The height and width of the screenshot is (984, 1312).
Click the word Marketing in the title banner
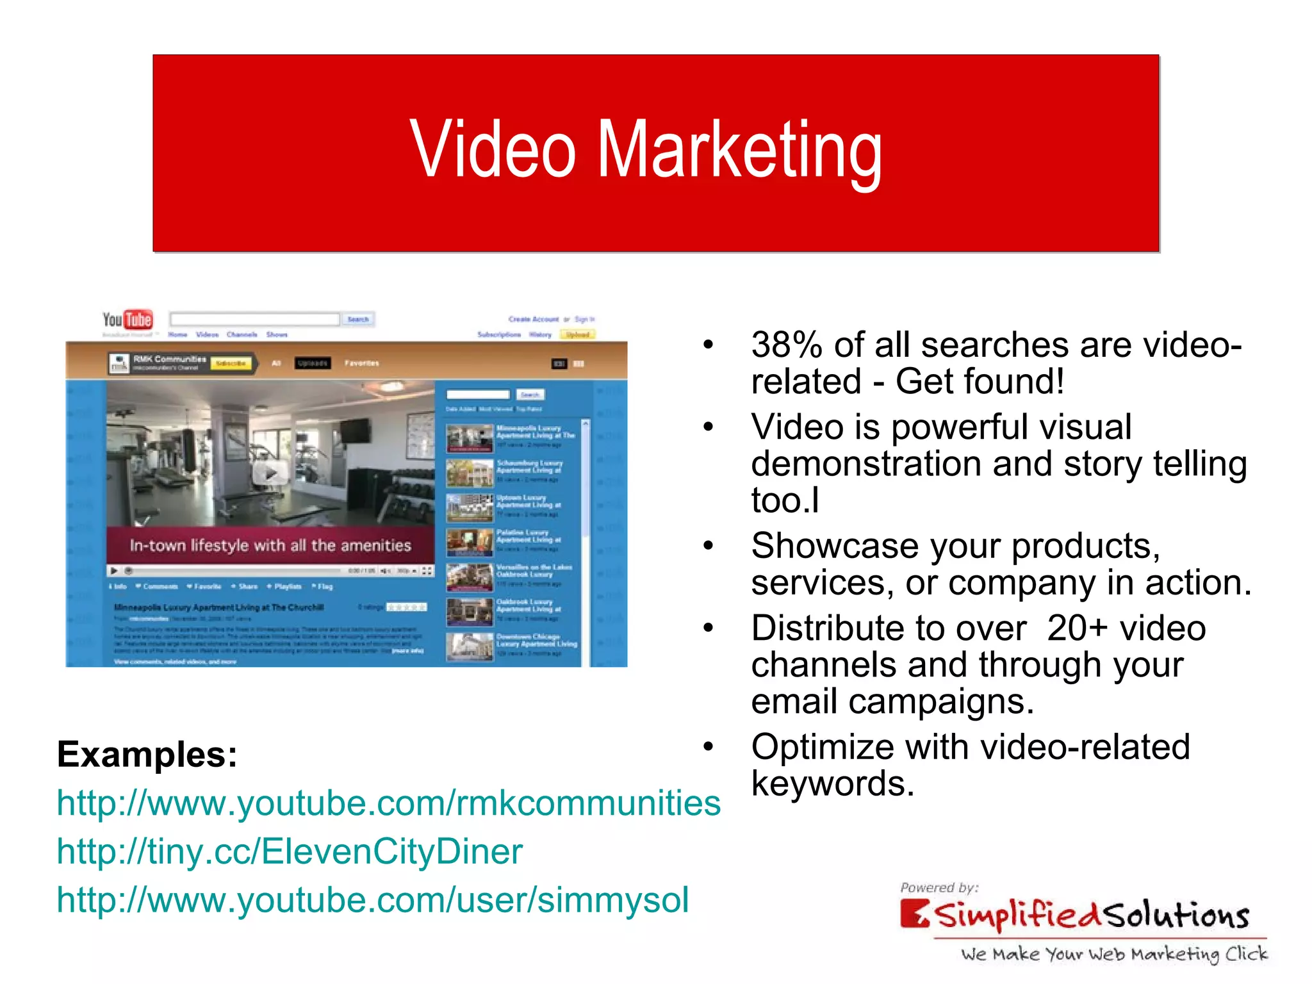click(x=739, y=151)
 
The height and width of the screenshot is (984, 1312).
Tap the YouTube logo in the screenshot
click(x=127, y=319)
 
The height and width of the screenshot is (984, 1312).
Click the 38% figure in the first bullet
click(x=787, y=345)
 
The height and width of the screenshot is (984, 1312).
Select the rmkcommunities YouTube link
click(x=388, y=803)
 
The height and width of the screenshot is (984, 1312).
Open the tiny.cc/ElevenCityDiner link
click(x=290, y=851)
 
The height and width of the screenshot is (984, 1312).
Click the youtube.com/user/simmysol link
click(x=372, y=899)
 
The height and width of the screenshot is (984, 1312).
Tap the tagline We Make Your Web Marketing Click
click(x=1114, y=954)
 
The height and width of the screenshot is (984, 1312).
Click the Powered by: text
click(x=939, y=887)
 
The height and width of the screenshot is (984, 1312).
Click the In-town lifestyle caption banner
click(x=270, y=545)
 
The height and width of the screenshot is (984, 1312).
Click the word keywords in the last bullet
click(x=832, y=783)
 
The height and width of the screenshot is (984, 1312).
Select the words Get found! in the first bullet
click(x=980, y=382)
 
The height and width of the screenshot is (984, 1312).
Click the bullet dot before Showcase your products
click(x=708, y=546)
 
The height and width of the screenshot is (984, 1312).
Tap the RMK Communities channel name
click(x=170, y=359)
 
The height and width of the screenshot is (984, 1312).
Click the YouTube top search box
click(x=254, y=319)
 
